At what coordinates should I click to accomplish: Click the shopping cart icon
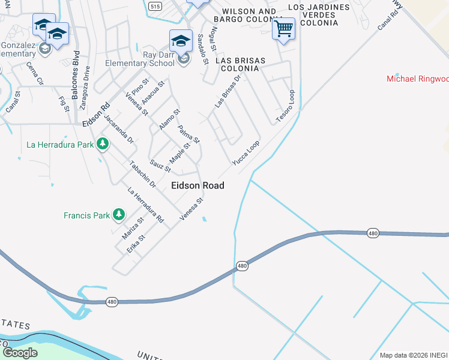pyautogui.click(x=283, y=28)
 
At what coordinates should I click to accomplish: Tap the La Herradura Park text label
pyautogui.click(x=60, y=145)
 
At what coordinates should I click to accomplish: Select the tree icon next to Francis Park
pyautogui.click(x=119, y=214)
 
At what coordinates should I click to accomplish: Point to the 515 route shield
pyautogui.click(x=155, y=6)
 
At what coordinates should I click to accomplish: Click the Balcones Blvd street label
pyautogui.click(x=76, y=79)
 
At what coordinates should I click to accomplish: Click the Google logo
pyautogui.click(x=20, y=352)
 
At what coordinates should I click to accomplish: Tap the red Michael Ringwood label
pyautogui.click(x=417, y=79)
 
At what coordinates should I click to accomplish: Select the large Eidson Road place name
pyautogui.click(x=197, y=185)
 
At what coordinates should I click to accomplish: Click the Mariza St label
pyautogui.click(x=133, y=229)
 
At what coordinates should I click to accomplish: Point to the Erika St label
pyautogui.click(x=136, y=245)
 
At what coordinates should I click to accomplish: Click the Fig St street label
pyautogui.click(x=64, y=101)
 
